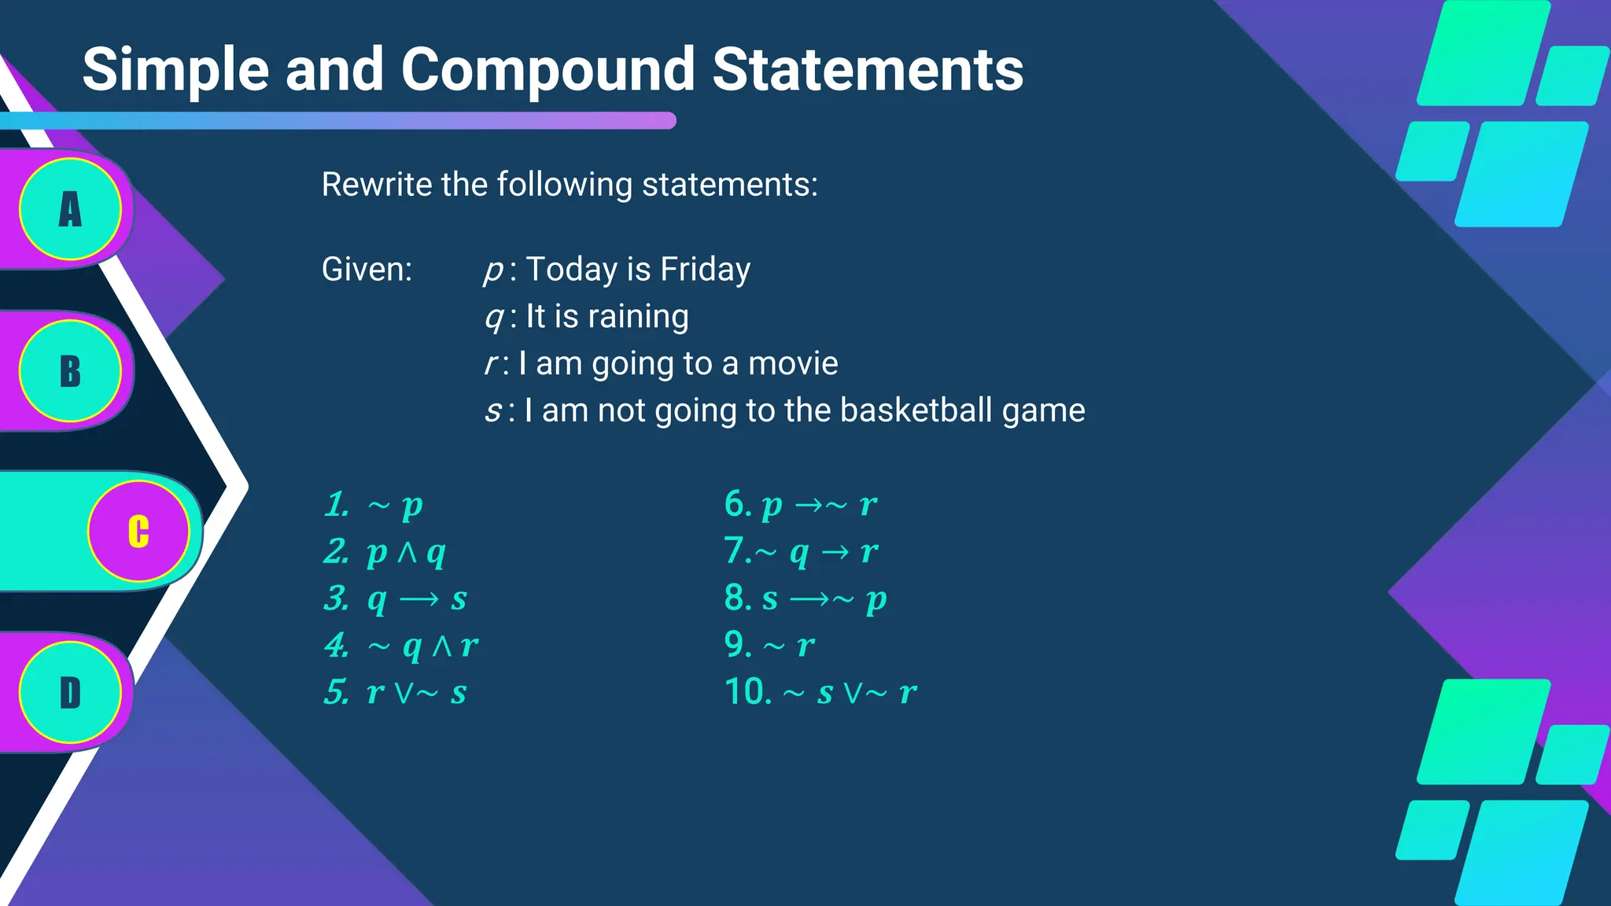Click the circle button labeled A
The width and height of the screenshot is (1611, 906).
pos(70,209)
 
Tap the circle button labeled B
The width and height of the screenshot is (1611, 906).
pos(70,371)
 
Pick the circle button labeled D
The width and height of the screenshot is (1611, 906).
pos(70,693)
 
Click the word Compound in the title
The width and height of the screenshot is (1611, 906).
pos(547,70)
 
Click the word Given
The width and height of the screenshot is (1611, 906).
pos(367,270)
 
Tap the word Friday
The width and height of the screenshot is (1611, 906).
pos(705,270)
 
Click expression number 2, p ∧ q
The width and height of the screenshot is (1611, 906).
pos(406,552)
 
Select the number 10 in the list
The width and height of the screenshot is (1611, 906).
pos(747,692)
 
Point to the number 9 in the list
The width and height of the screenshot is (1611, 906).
pos(737,645)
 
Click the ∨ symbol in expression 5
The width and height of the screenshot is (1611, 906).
pos(404,693)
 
